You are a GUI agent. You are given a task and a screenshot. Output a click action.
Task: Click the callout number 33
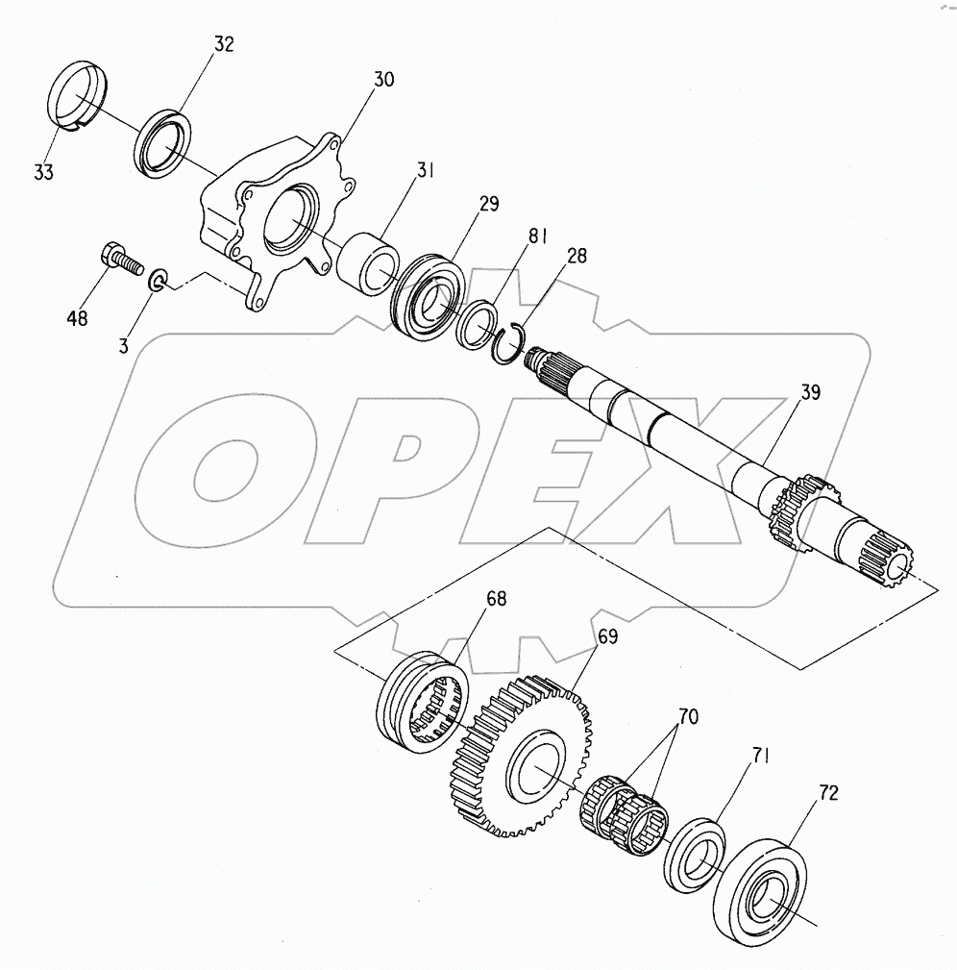coord(43,172)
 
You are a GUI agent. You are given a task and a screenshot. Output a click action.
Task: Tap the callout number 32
coord(225,44)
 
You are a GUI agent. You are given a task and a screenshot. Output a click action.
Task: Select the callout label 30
coord(384,79)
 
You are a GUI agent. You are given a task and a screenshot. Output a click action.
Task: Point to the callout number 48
coord(77,318)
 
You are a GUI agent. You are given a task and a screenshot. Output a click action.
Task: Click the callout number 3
coord(124,346)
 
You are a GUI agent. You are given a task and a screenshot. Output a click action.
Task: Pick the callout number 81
coord(537,236)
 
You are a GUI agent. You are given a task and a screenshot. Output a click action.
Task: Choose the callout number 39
coord(810,391)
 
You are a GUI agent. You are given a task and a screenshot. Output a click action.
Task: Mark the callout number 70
coord(688,716)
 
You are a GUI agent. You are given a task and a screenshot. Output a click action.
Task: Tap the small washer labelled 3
coord(157,280)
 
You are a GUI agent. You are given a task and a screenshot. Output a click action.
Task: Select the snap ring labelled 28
coord(509,344)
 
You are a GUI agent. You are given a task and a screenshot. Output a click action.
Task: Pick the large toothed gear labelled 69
coord(519,756)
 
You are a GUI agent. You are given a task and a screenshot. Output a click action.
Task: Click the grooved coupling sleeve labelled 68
coord(422,702)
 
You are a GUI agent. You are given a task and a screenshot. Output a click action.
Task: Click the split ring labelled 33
coord(77,96)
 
